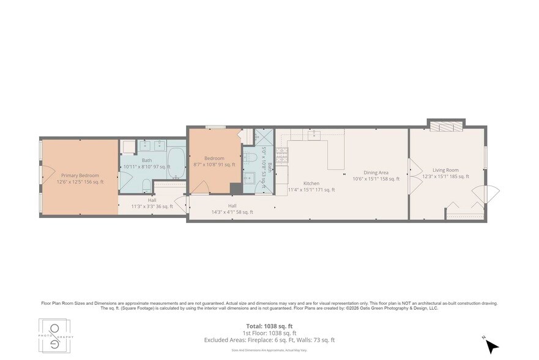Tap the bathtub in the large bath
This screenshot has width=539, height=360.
[x=176, y=163]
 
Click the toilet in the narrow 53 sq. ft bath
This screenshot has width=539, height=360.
[x=250, y=158]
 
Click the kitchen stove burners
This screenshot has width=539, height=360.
[x=283, y=156]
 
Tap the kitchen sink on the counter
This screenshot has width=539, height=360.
[x=316, y=135]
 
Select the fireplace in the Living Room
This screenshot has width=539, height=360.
[x=447, y=126]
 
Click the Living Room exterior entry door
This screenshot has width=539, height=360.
[x=491, y=195]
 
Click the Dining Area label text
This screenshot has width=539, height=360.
[x=376, y=173]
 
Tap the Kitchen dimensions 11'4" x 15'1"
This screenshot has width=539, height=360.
[x=311, y=190]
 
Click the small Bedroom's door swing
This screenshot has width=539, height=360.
[x=201, y=187]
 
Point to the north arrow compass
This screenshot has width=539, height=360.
[x=491, y=345]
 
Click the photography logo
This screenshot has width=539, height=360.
[x=56, y=336]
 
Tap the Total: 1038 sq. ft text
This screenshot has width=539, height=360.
[x=269, y=326]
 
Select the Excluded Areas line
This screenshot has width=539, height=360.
[x=269, y=340]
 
